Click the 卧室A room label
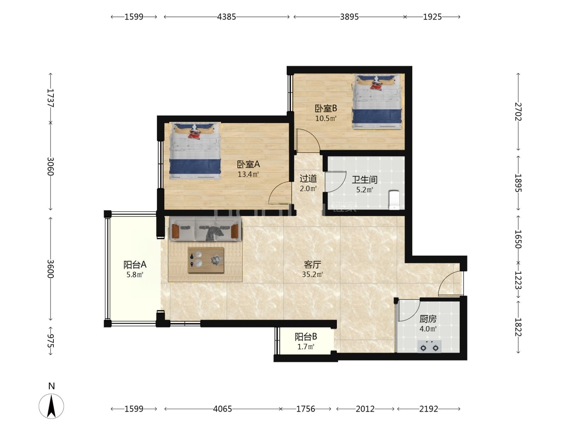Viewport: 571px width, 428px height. (x=248, y=164)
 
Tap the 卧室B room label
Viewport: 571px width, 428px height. (x=326, y=108)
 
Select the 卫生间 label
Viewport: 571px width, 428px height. (x=364, y=180)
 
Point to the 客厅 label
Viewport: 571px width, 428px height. (x=312, y=265)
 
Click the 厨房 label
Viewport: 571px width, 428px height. (x=428, y=319)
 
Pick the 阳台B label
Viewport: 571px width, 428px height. (x=305, y=337)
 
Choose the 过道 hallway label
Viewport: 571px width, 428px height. (x=308, y=179)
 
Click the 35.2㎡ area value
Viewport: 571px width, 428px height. (x=312, y=274)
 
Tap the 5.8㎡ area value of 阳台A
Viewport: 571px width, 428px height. (x=135, y=275)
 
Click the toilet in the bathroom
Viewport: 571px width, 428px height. (x=394, y=200)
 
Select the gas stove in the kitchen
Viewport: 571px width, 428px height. (x=429, y=346)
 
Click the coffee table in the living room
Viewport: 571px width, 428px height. (x=206, y=260)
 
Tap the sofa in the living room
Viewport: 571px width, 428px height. (x=205, y=228)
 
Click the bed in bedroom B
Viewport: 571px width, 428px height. (x=377, y=101)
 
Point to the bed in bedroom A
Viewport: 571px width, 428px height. (x=195, y=151)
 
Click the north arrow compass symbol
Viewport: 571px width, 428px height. (x=51, y=406)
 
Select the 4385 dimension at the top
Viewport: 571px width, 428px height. (x=226, y=17)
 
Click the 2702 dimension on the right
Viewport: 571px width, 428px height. (x=518, y=112)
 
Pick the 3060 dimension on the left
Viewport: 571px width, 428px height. (x=51, y=166)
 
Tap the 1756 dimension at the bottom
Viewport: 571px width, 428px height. (x=305, y=409)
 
